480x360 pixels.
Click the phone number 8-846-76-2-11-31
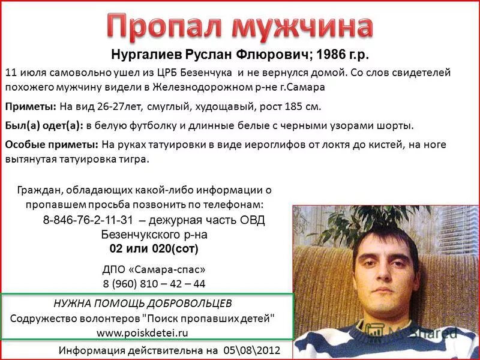pyautogui.click(x=88, y=220)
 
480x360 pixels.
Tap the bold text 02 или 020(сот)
pyautogui.click(x=154, y=248)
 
